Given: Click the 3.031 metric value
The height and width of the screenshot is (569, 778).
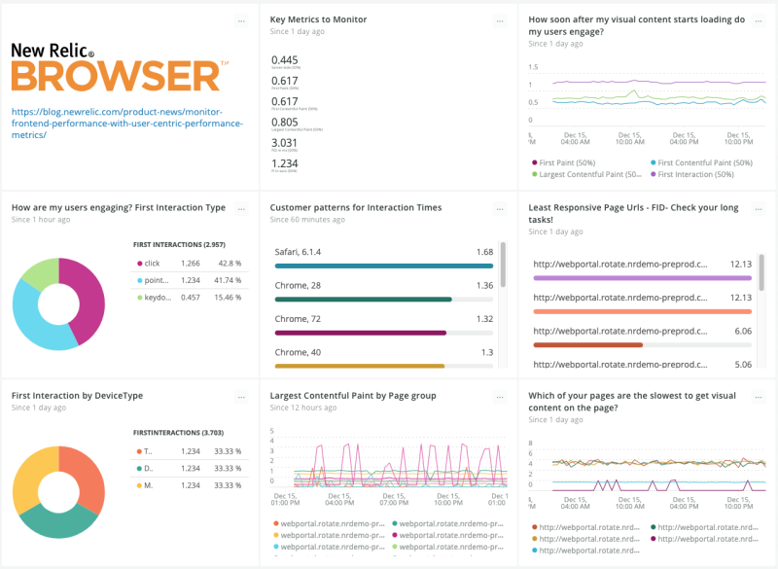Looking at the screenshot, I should click(x=285, y=142).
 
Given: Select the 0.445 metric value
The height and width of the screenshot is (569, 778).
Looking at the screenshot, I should click(x=285, y=60).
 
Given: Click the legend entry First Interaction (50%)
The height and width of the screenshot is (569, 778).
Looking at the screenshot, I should click(x=696, y=174).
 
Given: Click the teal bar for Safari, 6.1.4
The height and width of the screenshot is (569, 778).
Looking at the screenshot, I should click(x=383, y=266).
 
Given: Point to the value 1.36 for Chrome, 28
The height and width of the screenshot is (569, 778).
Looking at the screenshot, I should click(x=483, y=285).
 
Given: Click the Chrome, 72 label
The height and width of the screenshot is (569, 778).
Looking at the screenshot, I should click(x=298, y=318).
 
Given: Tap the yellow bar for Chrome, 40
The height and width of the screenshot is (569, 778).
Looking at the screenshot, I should click(x=360, y=366).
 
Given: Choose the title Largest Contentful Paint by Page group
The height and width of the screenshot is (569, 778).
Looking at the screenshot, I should click(x=352, y=396).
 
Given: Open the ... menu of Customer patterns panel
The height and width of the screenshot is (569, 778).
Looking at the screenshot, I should click(x=500, y=208).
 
